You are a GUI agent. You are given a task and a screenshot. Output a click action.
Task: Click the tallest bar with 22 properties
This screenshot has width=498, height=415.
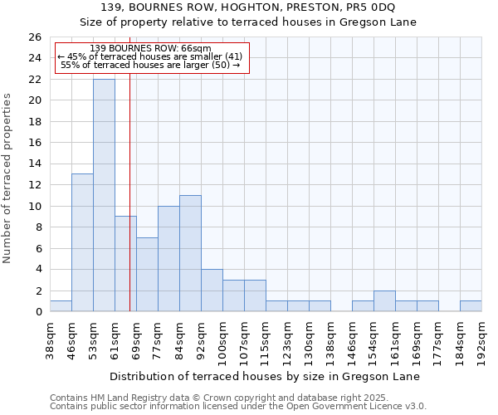click(x=104, y=195)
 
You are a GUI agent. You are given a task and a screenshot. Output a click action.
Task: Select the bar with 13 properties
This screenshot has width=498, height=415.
click(x=82, y=242)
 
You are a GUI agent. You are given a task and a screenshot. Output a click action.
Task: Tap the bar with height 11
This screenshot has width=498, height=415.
click(x=190, y=253)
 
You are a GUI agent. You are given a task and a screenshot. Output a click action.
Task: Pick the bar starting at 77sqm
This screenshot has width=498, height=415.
click(x=168, y=258)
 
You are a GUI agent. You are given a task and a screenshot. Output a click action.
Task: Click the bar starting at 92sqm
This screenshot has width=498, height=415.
click(x=212, y=290)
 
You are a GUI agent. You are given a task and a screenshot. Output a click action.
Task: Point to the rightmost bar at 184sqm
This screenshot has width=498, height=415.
click(x=471, y=306)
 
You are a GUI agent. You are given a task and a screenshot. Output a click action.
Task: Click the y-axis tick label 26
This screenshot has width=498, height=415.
click(x=35, y=37)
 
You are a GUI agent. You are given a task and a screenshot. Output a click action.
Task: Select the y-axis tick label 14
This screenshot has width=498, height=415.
click(x=35, y=164)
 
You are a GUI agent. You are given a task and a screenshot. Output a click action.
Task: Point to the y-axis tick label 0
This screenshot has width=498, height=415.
click(x=38, y=312)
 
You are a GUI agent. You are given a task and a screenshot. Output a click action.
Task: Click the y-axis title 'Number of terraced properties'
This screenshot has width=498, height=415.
click(x=7, y=178)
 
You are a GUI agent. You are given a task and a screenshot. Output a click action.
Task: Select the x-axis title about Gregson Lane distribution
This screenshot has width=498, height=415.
click(x=265, y=376)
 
